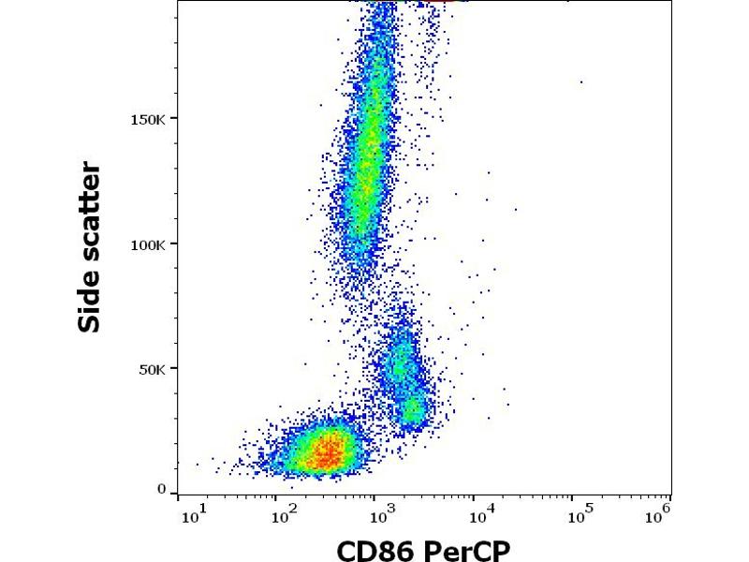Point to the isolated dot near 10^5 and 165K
tap(581, 81)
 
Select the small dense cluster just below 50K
tap(413, 410)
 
